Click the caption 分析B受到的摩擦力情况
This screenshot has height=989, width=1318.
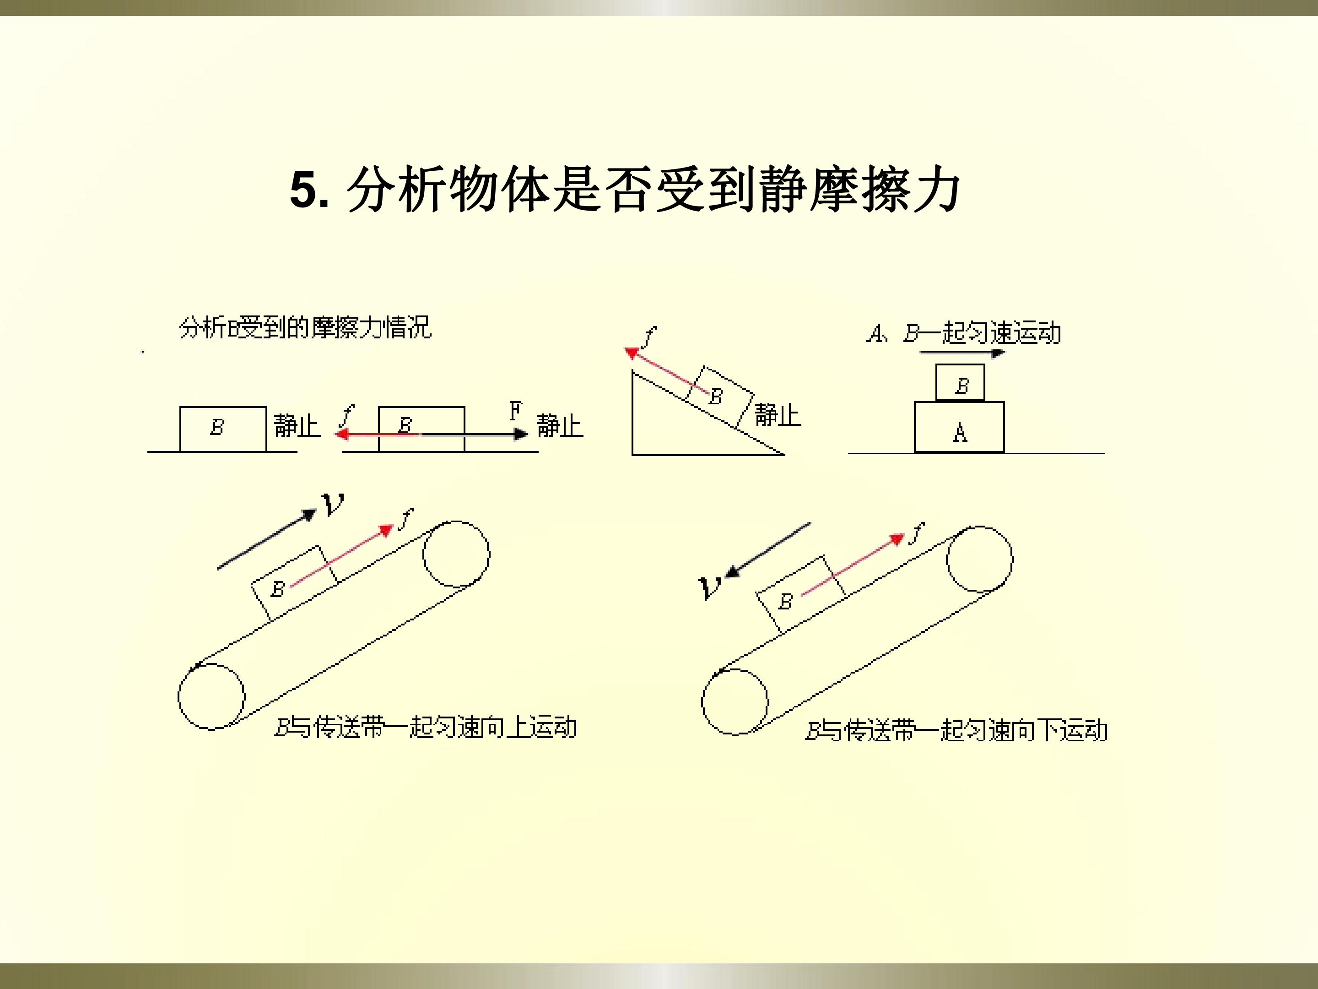[305, 328]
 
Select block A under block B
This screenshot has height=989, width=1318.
[959, 427]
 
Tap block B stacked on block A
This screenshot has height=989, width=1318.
[961, 383]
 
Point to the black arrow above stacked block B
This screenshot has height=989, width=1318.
[962, 353]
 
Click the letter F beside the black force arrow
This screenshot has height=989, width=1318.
[515, 411]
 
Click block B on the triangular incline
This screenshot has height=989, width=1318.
[720, 397]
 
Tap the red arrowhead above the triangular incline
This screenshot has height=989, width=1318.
[631, 353]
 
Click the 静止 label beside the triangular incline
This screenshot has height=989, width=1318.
[778, 414]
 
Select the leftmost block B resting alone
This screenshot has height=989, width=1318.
[223, 429]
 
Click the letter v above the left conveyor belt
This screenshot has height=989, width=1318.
[333, 504]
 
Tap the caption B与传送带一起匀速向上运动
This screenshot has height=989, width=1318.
[426, 727]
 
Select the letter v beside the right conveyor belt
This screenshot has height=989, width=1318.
[710, 588]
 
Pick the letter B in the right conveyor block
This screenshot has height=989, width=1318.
[785, 602]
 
